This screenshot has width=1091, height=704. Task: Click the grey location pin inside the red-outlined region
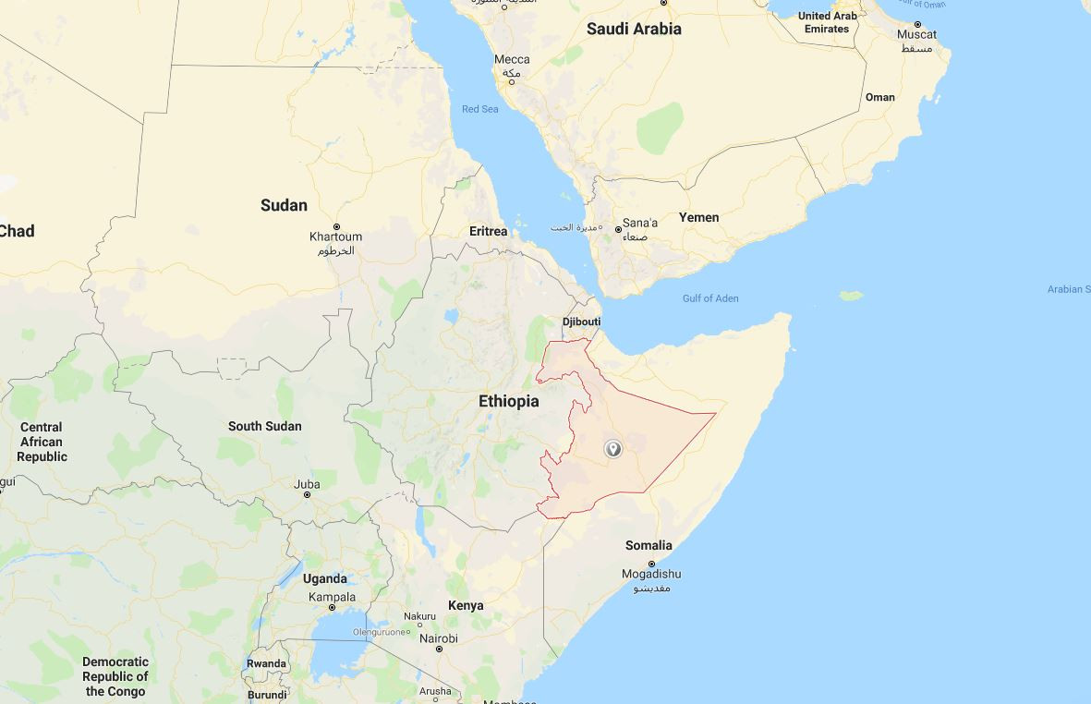coord(612,449)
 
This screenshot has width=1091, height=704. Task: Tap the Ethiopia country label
coord(508,401)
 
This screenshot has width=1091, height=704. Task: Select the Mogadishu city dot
coord(651,564)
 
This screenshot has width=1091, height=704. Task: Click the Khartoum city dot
coord(336,226)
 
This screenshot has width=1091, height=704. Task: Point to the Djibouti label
coord(581,322)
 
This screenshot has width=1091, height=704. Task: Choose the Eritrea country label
coord(488,231)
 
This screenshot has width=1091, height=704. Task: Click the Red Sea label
coord(479,109)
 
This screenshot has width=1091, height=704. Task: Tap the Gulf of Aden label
coord(710,298)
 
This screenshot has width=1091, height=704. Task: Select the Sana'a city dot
coord(619,228)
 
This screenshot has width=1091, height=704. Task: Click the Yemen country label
coord(698,217)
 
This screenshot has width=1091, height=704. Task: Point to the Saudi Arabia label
coord(634,29)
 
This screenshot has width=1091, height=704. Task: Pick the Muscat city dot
coord(917,24)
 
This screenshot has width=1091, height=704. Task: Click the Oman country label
coord(879,97)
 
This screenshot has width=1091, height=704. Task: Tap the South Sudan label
coord(264,426)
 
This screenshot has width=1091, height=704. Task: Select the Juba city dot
coord(308,495)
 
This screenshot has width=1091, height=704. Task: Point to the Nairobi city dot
coord(439,649)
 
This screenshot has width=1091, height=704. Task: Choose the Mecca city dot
coord(512,81)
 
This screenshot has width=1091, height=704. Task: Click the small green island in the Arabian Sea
coord(851,296)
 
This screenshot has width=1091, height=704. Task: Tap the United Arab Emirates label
coord(827,22)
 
